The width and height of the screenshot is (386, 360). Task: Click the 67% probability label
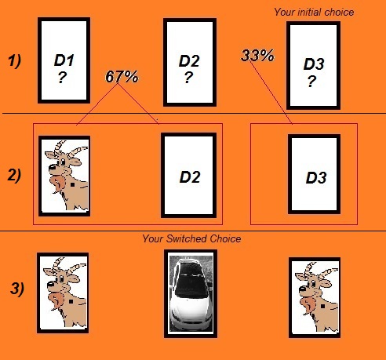pos(122,77)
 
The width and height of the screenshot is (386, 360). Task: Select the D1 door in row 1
pos(63,61)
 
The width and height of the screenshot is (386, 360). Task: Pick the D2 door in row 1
pos(188,63)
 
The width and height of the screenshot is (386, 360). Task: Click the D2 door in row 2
pos(188,175)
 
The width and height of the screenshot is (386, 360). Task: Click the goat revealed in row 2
pos(64,175)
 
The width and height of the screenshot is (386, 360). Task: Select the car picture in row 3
pos(188,293)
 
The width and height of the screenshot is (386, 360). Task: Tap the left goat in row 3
pos(63,293)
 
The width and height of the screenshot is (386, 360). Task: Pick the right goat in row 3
pos(314,293)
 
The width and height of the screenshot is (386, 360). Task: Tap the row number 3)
pos(17,288)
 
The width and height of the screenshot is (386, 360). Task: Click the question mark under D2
pos(188,77)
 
